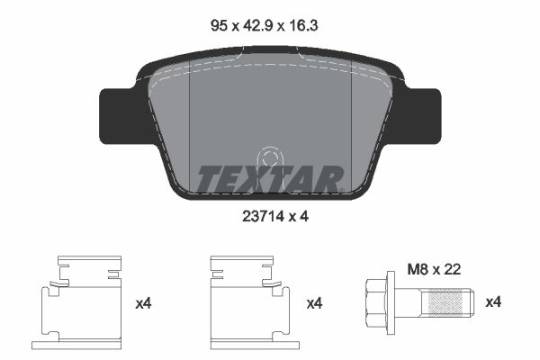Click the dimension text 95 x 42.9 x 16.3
point(269,27)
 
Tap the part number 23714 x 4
point(269,215)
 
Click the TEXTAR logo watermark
point(269,178)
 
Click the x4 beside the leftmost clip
point(143,304)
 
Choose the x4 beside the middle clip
point(314,304)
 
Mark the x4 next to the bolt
point(493,304)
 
